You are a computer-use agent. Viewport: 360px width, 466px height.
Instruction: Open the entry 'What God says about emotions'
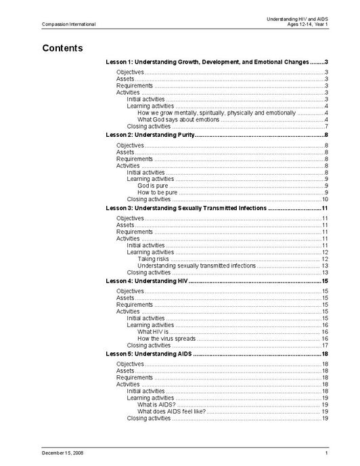click(178, 119)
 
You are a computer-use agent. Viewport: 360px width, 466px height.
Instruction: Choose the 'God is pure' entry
click(152, 185)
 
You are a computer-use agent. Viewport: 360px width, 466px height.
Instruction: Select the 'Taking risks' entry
click(154, 259)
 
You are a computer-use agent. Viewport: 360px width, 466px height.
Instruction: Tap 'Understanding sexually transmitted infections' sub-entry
click(196, 266)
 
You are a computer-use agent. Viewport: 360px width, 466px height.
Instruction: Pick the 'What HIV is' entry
click(152, 331)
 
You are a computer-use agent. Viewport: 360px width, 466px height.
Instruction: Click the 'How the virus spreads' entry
click(166, 338)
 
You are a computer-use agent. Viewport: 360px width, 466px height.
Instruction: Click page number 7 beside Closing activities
click(326, 126)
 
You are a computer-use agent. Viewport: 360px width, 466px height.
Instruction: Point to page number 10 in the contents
click(325, 199)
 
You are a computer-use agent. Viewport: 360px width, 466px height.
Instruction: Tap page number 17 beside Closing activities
click(325, 345)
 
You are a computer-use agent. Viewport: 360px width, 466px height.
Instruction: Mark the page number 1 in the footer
click(326, 452)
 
